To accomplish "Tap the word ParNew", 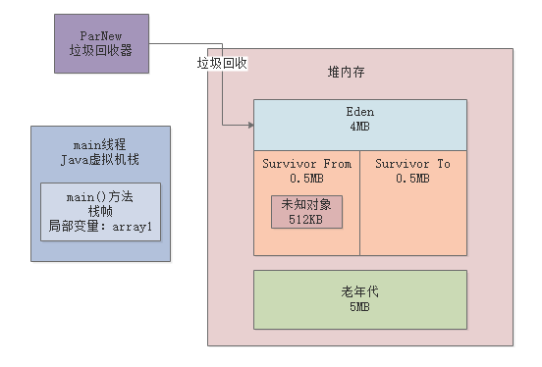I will pos(101,34).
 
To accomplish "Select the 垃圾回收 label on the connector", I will pos(222,63).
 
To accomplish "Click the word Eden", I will pos(359,112).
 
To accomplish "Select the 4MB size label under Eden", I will pos(359,127).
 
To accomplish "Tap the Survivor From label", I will pos(306,164).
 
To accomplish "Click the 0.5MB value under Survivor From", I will pos(306,178).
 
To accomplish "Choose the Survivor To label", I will pos(412,164).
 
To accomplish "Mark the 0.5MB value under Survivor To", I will pos(412,178).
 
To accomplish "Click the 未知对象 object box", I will pos(306,211).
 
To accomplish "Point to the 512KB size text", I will pos(306,219).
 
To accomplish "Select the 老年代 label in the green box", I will pos(359,292).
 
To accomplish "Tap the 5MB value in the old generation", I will pos(359,307).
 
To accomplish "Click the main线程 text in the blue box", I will pos(101,146).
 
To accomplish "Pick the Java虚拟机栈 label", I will pos(101,161).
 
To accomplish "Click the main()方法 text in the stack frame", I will pos(100,197).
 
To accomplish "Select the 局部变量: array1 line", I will pos(100,226).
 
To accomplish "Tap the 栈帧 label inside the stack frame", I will pos(100,211).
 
